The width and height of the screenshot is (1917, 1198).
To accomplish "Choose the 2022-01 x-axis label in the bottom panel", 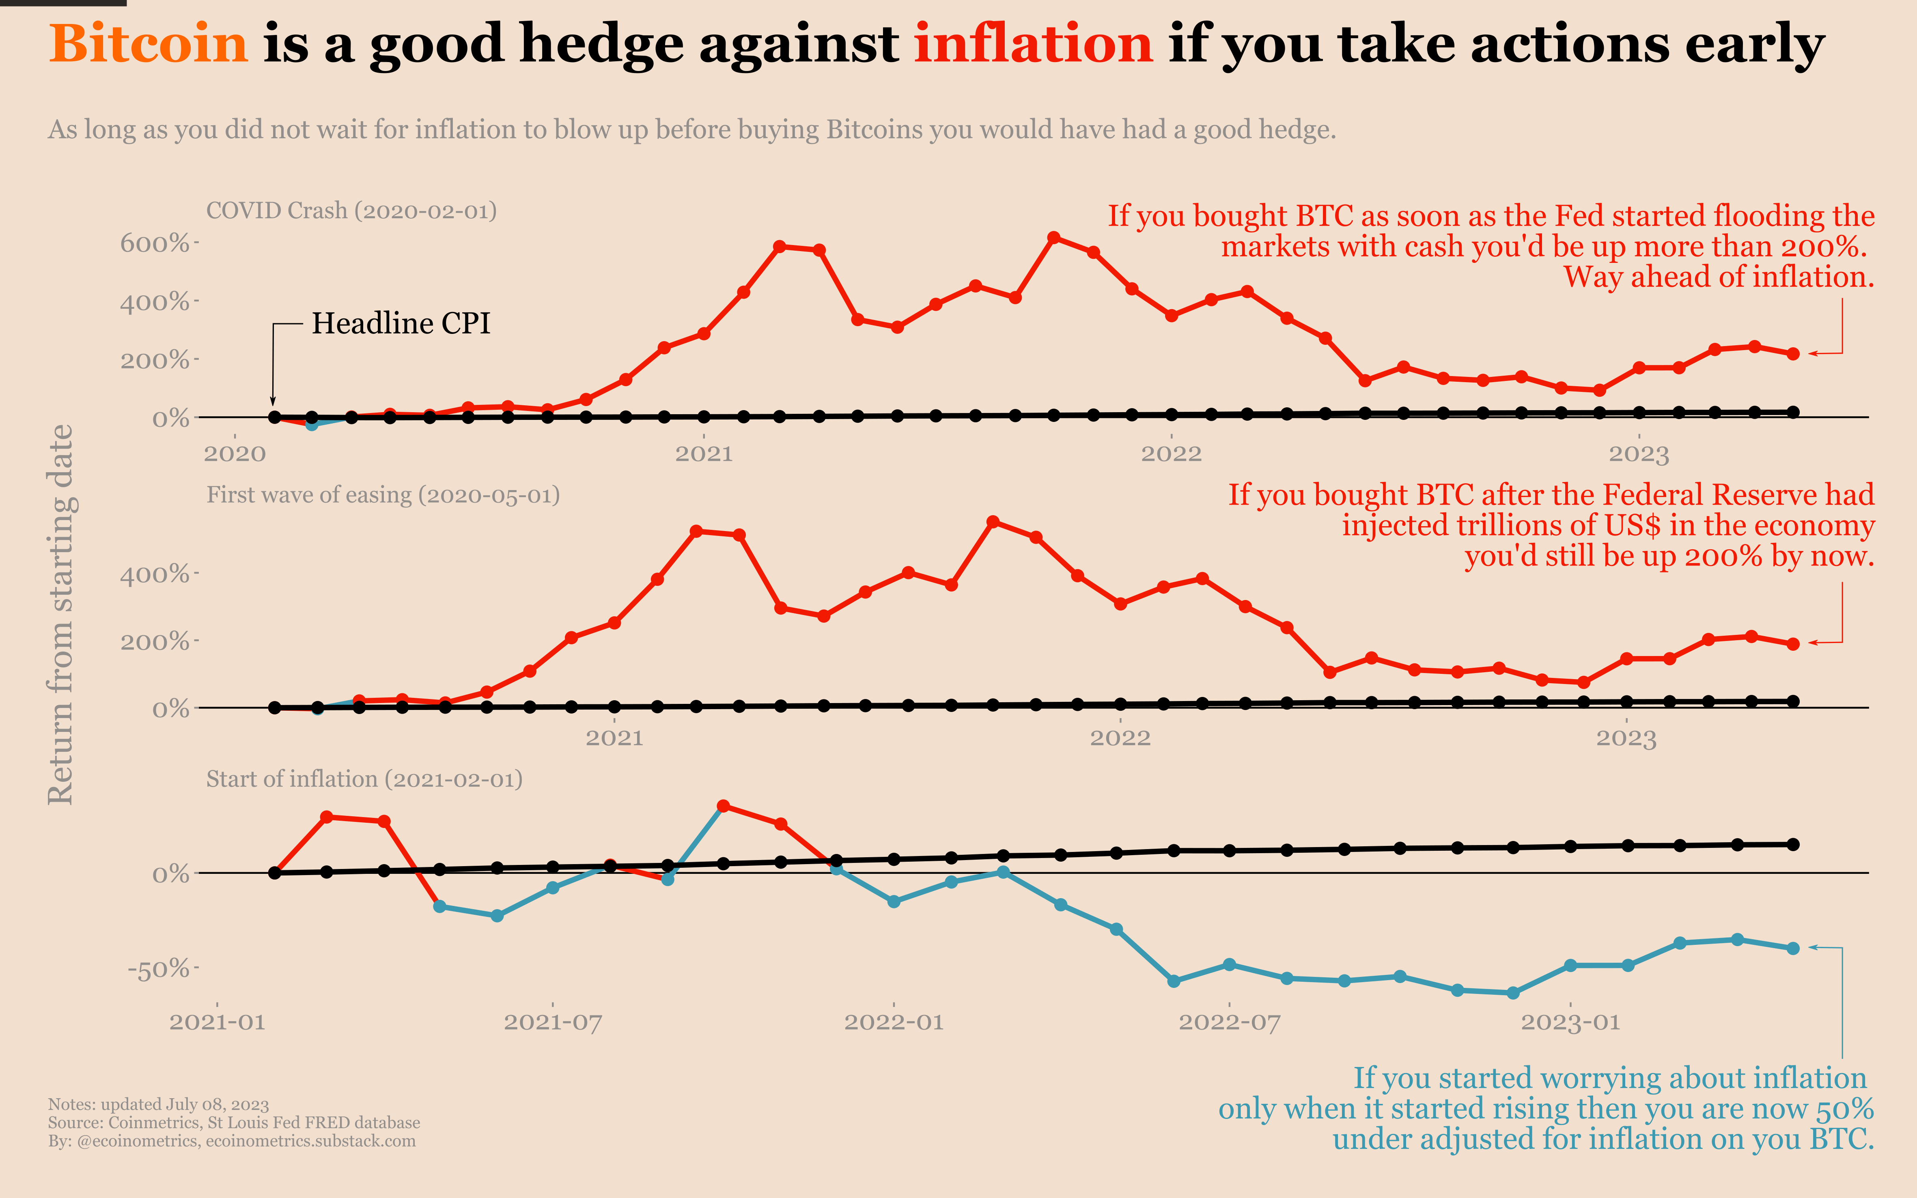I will tap(894, 1022).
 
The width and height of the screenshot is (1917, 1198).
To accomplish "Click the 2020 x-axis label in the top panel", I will tap(235, 454).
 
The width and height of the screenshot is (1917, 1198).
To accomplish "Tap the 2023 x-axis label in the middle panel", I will tap(1626, 738).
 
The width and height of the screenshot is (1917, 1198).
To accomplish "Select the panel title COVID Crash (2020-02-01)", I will tap(351, 211).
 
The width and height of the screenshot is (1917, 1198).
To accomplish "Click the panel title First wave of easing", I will tap(383, 495).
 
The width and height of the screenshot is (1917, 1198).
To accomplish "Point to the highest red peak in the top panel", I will tap(1053, 238).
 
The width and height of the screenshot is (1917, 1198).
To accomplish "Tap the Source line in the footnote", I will tap(234, 1123).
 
